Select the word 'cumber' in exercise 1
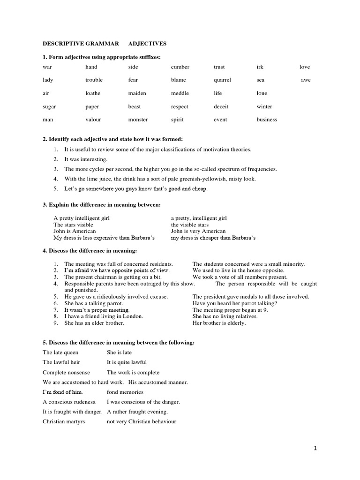180,67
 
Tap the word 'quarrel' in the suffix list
222,80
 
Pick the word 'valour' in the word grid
93,120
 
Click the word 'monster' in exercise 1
138,120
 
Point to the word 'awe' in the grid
306,80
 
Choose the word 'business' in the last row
267,120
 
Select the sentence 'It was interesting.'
86,159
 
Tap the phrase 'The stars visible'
73,225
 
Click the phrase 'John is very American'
198,231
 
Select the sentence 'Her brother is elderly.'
219,323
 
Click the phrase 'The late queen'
60,352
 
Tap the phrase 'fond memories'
125,392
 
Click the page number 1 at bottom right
315,449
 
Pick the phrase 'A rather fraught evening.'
137,412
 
